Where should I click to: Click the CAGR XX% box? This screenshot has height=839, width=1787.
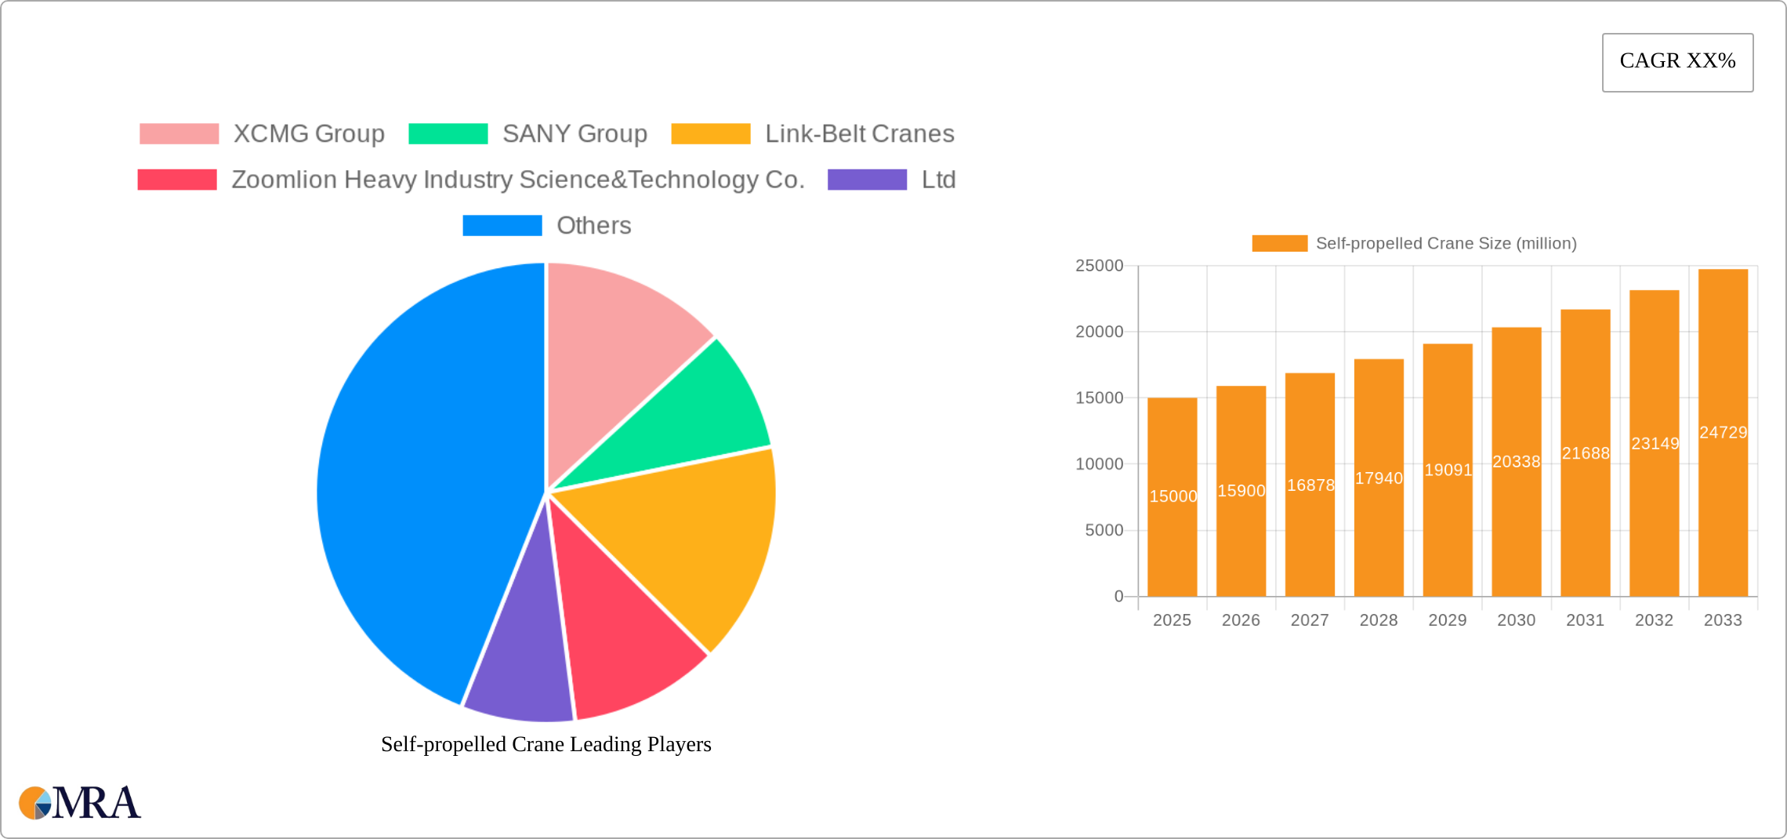coord(1677,62)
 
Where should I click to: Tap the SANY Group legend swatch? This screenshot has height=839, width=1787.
coord(448,134)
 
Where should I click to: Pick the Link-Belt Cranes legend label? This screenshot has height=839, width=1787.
coord(859,134)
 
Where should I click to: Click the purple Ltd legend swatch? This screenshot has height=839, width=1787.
coord(867,180)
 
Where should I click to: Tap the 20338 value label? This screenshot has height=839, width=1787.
coord(1516,462)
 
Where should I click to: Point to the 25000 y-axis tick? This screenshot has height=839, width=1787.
coord(1099,266)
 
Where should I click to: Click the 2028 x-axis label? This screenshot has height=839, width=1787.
coord(1378,620)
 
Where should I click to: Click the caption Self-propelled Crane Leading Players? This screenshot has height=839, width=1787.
coord(546,744)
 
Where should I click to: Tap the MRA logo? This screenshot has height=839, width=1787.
coord(80,803)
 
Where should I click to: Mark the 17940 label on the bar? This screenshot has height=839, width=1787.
coord(1379,478)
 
